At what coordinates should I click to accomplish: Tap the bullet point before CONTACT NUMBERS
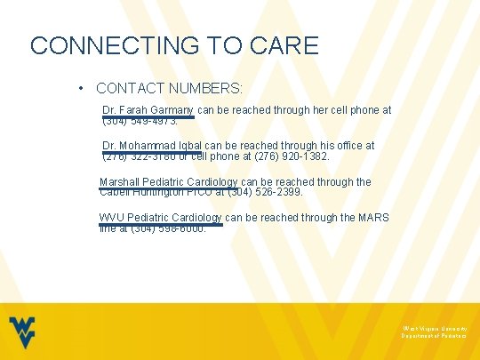coord(81,89)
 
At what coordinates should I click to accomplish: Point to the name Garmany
coord(175,110)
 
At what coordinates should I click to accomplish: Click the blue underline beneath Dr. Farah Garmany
coord(148,116)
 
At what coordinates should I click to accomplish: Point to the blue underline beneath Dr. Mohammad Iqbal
coord(154,152)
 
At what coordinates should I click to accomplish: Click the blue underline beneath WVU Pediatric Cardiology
coord(160,224)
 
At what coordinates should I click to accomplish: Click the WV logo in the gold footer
coord(24,332)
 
